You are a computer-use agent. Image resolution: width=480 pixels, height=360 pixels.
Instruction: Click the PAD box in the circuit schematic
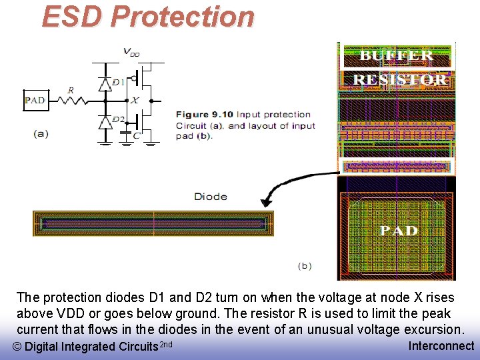(x=35, y=101)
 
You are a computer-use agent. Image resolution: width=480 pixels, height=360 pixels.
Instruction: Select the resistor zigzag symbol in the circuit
(x=71, y=101)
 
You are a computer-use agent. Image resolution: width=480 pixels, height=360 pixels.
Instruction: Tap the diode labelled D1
(x=105, y=84)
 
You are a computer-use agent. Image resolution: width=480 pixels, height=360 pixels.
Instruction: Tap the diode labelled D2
(x=105, y=122)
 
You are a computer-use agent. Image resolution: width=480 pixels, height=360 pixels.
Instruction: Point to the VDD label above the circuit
(x=131, y=51)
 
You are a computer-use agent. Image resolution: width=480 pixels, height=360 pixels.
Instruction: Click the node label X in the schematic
(x=134, y=101)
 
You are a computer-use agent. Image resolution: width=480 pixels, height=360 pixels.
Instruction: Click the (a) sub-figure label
(x=41, y=133)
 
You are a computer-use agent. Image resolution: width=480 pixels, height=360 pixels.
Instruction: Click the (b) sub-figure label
(x=304, y=265)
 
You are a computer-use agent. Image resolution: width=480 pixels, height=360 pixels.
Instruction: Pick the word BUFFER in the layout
(x=397, y=56)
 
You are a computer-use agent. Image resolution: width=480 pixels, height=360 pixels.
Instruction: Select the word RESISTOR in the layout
(x=399, y=80)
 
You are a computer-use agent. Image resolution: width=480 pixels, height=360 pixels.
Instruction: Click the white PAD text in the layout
(x=399, y=231)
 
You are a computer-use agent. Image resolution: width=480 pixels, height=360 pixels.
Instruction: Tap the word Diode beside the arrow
(x=211, y=197)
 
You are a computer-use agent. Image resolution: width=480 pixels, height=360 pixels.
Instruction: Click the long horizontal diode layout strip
(x=153, y=223)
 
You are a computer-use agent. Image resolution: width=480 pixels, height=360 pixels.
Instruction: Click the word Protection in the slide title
(x=183, y=17)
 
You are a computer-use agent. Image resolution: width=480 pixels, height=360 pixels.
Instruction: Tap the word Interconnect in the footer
(x=441, y=345)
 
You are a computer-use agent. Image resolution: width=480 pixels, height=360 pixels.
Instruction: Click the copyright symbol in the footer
(x=17, y=347)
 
